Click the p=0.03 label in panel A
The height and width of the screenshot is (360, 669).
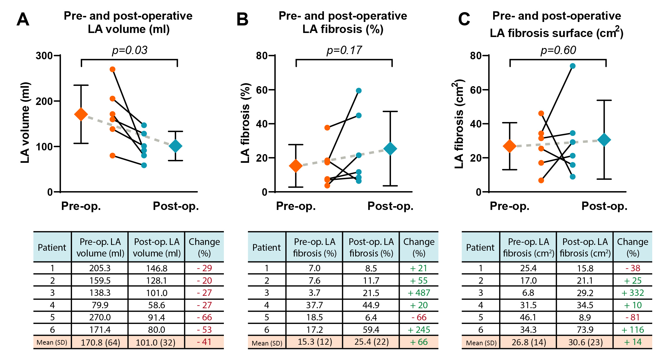click(130, 50)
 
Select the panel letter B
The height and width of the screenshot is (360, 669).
click(242, 19)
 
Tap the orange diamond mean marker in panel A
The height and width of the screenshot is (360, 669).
click(81, 114)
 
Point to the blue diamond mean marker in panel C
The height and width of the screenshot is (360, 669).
click(604, 140)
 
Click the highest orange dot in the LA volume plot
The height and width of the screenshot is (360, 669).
click(113, 69)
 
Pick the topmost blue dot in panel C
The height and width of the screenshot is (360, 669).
click(573, 66)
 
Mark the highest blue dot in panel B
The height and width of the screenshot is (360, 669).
click(359, 91)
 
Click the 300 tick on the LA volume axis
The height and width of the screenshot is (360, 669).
click(44, 56)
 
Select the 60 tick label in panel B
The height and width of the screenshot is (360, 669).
click(261, 90)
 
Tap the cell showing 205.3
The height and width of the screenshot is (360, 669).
click(100, 268)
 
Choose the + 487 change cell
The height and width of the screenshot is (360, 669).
click(419, 293)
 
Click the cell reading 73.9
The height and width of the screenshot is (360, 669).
click(585, 330)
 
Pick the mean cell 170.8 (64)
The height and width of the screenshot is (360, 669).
click(100, 343)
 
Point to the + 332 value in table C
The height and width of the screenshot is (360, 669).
click(633, 293)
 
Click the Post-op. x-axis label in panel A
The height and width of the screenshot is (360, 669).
click(176, 206)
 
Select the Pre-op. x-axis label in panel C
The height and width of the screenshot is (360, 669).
click(509, 206)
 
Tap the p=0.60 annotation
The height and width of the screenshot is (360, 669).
click(558, 50)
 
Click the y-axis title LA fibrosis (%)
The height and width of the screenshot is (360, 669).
click(245, 123)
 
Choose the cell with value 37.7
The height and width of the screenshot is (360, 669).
click(314, 305)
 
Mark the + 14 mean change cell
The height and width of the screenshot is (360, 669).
click(633, 342)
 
